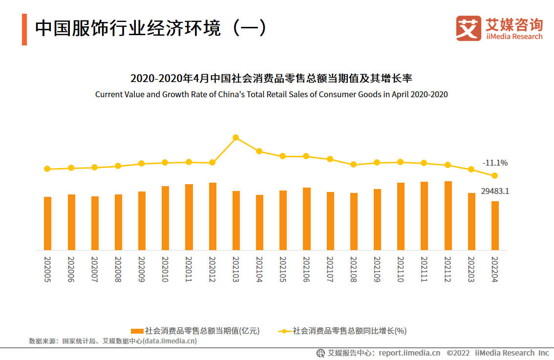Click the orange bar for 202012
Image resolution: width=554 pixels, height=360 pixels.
pos(213,216)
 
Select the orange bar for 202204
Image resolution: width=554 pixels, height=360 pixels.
pos(495,226)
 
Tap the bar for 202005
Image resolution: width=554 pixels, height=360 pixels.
pos(47,223)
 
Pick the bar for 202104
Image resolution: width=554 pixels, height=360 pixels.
pos(259,222)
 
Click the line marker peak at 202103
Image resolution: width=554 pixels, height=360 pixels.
pos(236,138)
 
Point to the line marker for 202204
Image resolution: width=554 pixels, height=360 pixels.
pos(495,175)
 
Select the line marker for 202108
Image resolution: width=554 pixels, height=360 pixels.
pos(354,165)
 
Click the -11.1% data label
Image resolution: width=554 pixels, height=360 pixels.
pos(495,163)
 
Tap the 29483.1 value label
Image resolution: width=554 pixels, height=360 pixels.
pos(495,191)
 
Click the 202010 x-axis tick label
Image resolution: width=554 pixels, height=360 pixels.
pos(165,269)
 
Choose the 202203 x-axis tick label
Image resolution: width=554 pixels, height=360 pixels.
pos(471,269)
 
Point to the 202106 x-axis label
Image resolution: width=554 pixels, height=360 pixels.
pos(306,269)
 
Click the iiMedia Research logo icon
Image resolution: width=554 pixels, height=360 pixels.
pos(469,28)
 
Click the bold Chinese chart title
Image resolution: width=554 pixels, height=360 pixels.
pos(271,78)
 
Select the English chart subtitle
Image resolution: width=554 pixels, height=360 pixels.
pos(271,94)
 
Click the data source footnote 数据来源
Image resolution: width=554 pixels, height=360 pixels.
pos(113,341)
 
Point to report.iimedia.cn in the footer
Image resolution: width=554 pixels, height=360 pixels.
pos(409,353)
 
